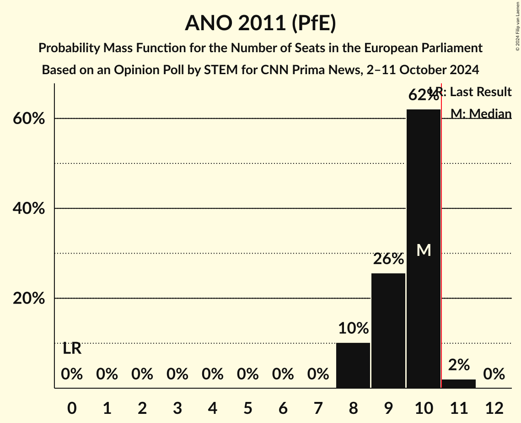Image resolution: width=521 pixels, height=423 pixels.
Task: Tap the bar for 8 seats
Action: [353, 365]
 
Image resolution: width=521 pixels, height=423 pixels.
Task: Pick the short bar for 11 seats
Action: [459, 384]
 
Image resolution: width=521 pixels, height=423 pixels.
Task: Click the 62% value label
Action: [423, 95]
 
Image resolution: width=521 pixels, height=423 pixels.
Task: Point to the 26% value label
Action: [388, 259]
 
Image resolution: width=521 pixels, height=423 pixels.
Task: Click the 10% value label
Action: [353, 328]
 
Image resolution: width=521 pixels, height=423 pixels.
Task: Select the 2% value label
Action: [459, 365]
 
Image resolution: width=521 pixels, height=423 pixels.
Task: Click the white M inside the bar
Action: [424, 250]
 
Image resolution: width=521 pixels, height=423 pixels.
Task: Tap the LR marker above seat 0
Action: [72, 349]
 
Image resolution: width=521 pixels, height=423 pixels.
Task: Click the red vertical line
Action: [441, 238]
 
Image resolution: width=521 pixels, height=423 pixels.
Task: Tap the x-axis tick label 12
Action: [494, 407]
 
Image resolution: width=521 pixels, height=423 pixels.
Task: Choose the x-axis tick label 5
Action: [247, 407]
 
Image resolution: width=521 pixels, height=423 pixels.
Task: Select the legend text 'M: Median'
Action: [480, 114]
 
